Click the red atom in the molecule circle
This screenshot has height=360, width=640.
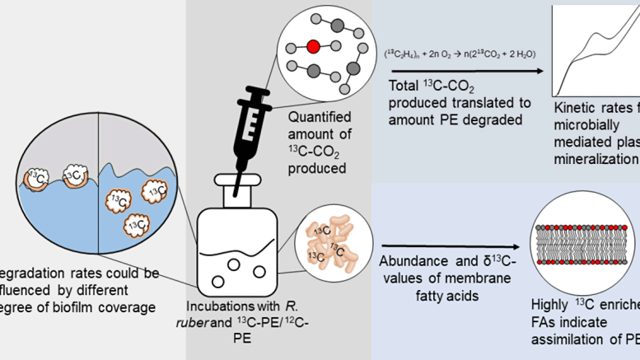coord(314,47)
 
